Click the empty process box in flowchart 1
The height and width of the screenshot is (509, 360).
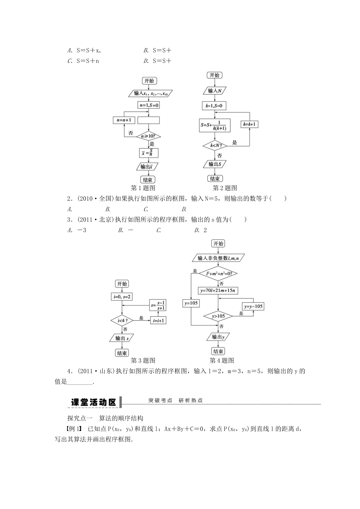(148, 120)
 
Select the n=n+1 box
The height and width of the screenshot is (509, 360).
(124, 120)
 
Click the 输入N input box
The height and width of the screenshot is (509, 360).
(215, 91)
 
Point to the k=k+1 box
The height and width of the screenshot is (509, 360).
(249, 124)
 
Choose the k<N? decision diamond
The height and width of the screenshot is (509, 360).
(215, 145)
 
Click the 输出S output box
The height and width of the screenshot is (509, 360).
(215, 164)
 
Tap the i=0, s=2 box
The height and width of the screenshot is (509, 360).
(122, 297)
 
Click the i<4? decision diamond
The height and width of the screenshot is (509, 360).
(122, 320)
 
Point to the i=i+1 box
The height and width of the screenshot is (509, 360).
(159, 320)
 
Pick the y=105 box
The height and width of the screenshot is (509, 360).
(191, 303)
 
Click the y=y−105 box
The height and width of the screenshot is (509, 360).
(253, 306)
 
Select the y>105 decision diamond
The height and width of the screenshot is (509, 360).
(218, 316)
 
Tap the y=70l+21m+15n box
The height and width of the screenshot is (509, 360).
(219, 290)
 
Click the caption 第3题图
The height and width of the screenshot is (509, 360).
(142, 361)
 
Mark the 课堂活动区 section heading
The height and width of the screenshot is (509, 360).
(94, 402)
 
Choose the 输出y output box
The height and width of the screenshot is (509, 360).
(218, 337)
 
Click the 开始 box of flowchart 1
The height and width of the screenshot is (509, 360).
(149, 81)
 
